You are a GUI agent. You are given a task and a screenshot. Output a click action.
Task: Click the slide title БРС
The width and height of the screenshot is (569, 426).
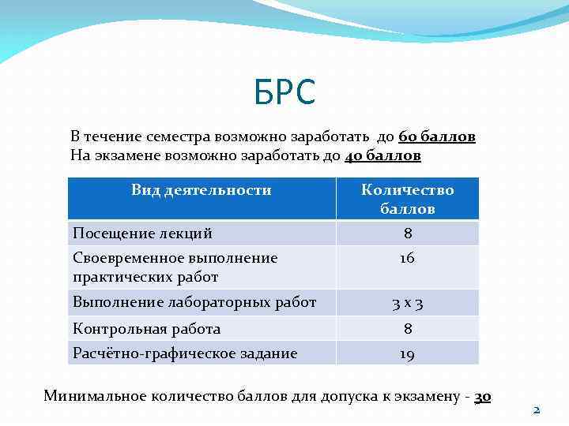click(x=284, y=93)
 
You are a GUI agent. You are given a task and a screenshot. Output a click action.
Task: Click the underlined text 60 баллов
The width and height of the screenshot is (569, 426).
click(x=437, y=136)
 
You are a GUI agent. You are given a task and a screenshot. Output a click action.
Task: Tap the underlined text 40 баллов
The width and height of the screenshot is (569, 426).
click(x=383, y=155)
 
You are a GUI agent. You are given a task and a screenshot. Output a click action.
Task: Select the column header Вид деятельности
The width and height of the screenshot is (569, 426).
click(x=202, y=190)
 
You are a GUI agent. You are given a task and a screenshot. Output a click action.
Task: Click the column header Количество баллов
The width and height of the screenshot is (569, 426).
click(x=407, y=199)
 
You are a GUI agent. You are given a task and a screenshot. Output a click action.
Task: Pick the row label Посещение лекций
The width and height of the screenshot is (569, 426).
click(x=142, y=234)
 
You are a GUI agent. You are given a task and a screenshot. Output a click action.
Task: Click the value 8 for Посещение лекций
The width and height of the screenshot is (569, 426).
click(x=407, y=234)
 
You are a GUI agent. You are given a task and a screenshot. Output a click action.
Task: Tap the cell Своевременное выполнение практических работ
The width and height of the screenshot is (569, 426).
click(x=175, y=267)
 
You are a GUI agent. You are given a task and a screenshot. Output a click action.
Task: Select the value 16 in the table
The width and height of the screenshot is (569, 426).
click(x=407, y=259)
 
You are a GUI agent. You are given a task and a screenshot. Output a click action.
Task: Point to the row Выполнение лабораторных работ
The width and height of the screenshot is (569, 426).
click(x=194, y=302)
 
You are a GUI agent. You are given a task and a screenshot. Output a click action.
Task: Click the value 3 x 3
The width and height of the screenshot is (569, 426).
click(x=407, y=303)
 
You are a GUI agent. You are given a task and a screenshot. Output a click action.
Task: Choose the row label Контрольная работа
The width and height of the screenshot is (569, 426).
click(x=146, y=329)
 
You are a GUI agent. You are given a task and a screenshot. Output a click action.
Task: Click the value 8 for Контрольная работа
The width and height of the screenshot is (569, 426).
click(x=407, y=329)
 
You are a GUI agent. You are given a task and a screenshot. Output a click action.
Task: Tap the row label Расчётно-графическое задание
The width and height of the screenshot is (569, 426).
click(x=185, y=353)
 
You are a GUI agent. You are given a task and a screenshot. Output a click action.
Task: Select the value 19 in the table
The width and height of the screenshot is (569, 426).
click(x=407, y=354)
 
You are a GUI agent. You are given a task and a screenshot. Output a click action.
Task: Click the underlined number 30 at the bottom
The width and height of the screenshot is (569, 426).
click(x=482, y=396)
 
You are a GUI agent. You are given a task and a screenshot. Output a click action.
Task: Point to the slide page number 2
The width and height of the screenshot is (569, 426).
click(x=536, y=410)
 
